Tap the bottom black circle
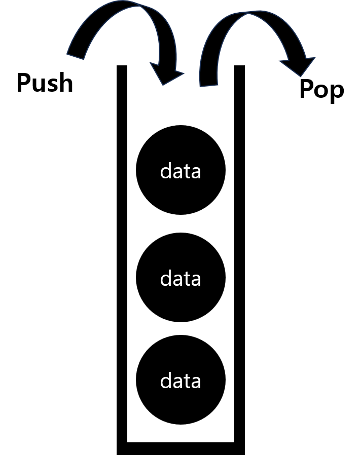pos(181,405)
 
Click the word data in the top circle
pos(181,171)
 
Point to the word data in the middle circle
pos(181,279)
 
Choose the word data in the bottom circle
pos(181,381)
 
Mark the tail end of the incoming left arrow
pos(75,55)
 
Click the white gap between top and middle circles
pos(181,223)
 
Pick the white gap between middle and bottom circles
pos(181,328)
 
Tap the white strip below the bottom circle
pos(181,433)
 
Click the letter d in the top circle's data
pos(166,171)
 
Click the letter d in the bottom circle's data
pos(166,381)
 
